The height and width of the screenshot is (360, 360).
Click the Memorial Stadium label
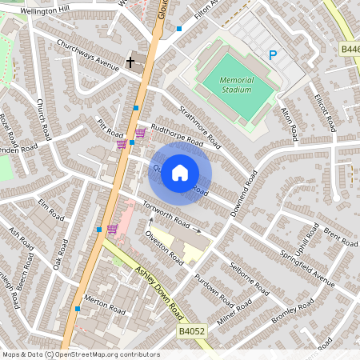click(236, 85)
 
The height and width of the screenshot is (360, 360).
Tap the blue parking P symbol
click(273, 55)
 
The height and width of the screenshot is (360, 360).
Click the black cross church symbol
click(130, 61)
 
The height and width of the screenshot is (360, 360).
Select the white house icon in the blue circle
click(180, 173)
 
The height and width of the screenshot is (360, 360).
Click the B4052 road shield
click(191, 330)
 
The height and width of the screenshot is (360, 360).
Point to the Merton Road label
click(106, 310)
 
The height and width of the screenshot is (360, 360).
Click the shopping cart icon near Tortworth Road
click(113, 229)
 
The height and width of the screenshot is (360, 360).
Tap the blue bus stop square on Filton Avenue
click(179, 29)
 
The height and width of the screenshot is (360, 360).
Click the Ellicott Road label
click(324, 118)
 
